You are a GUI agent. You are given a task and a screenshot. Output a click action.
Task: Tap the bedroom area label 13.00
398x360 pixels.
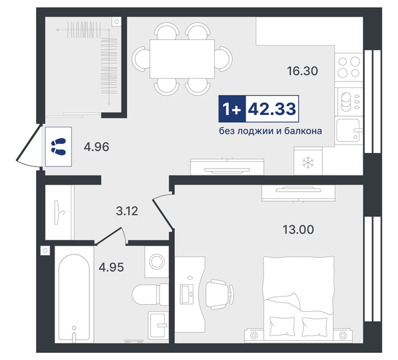click(298, 229)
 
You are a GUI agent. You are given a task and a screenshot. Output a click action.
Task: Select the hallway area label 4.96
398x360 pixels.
click(96, 147)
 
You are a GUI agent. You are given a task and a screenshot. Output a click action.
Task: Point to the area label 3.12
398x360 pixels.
click(127, 210)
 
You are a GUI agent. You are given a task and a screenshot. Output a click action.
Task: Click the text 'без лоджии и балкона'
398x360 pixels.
click(269, 130)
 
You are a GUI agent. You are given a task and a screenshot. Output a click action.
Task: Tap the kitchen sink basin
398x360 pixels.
click(349, 132)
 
